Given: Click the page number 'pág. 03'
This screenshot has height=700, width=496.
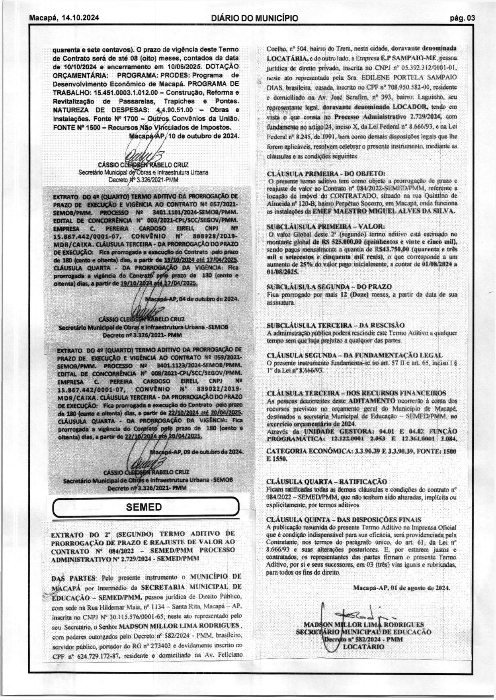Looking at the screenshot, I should click(462, 18).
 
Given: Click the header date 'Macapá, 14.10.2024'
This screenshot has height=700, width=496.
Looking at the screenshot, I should click(64, 18).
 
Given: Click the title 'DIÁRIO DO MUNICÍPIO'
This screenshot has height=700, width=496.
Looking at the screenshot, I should click(255, 18).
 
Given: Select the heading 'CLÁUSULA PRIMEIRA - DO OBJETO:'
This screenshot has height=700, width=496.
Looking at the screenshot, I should click(326, 174).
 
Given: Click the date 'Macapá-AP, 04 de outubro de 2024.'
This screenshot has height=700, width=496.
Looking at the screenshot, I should click(192, 299).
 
